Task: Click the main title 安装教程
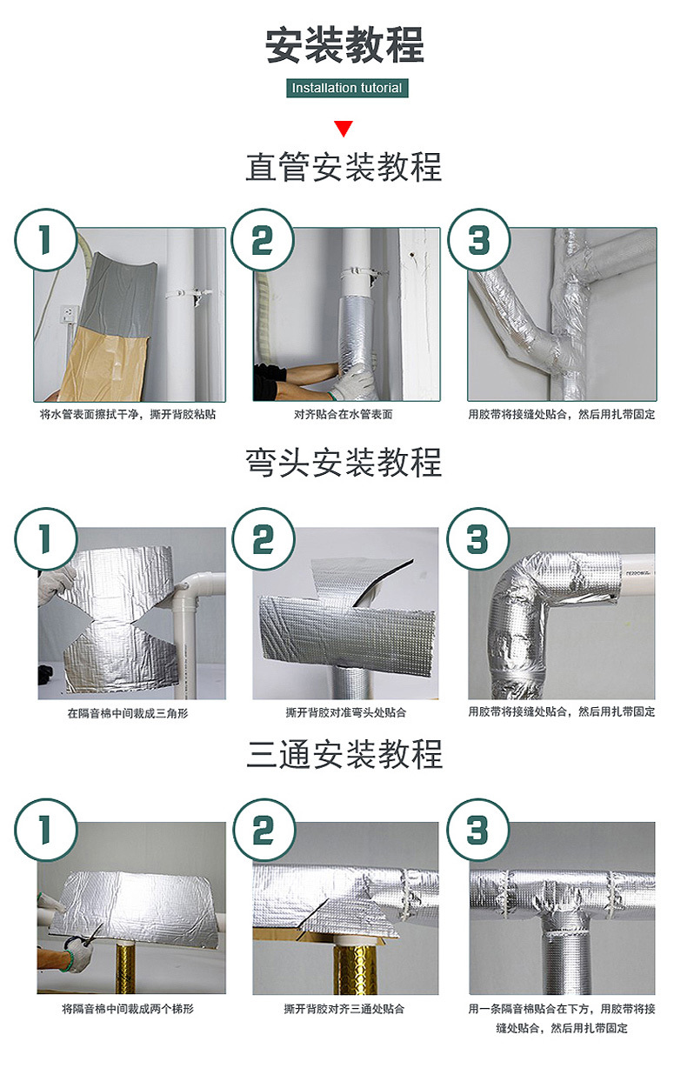click(x=344, y=45)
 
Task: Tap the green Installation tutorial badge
click(x=346, y=88)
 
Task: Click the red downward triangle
click(x=343, y=130)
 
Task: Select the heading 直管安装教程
click(x=343, y=167)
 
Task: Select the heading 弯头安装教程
click(x=343, y=463)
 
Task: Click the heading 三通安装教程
click(x=343, y=754)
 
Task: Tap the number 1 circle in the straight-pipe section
click(x=45, y=239)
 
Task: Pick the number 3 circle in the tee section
click(x=477, y=831)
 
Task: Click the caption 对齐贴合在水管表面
click(x=343, y=415)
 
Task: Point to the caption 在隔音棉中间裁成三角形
click(x=128, y=713)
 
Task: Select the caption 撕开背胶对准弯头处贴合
click(x=345, y=713)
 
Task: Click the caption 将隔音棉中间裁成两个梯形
click(x=128, y=1010)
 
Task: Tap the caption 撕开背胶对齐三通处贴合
click(x=344, y=1010)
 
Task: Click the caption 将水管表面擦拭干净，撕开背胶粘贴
click(x=128, y=415)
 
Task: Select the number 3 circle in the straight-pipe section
click(x=477, y=239)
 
